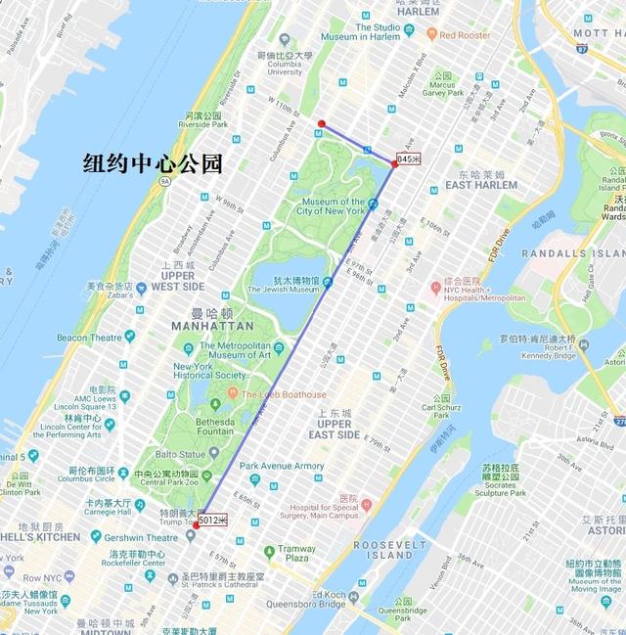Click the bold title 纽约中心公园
click(x=152, y=163)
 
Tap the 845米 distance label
click(x=409, y=159)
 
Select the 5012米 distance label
click(x=213, y=520)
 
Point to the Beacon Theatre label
click(x=88, y=338)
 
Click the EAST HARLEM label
click(x=480, y=185)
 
